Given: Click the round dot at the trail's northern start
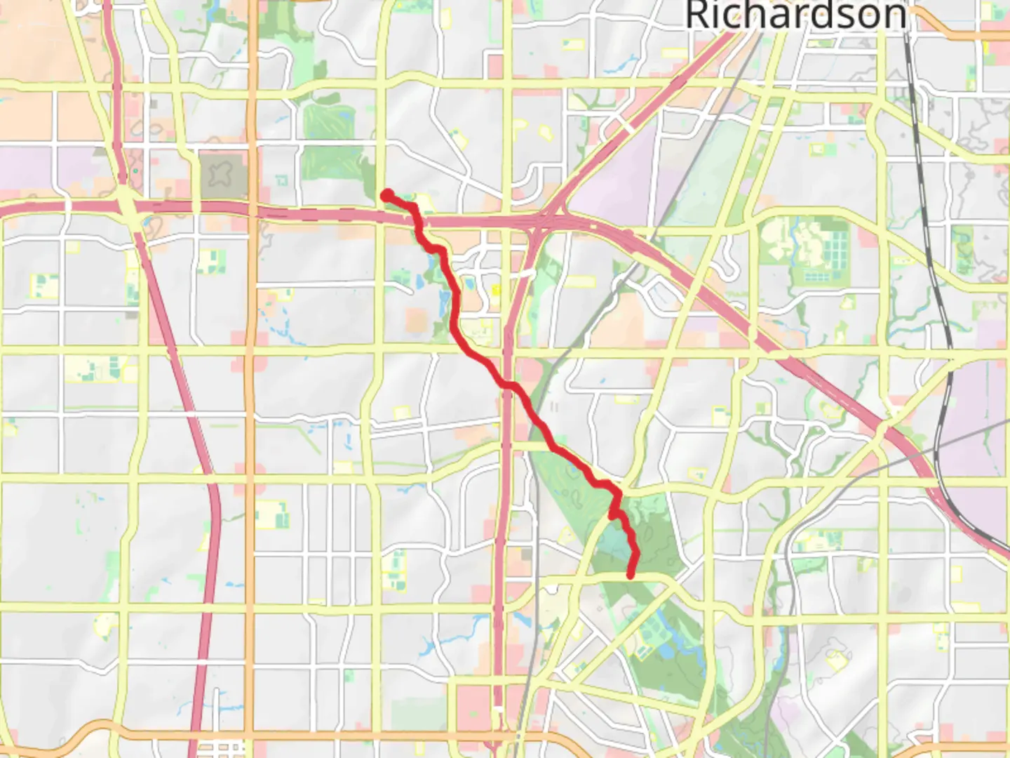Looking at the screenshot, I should (386, 195).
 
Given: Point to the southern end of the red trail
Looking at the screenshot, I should (631, 576).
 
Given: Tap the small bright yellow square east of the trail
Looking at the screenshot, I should (497, 289).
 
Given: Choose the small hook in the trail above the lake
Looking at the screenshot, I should (614, 514).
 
